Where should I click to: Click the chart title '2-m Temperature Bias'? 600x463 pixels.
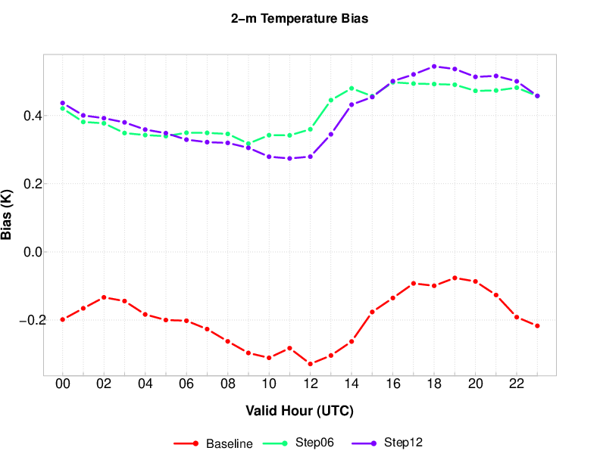tap(299, 19)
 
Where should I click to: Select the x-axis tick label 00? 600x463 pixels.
tap(62, 384)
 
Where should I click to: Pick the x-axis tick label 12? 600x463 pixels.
tap(310, 384)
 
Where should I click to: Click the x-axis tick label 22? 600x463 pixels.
tap(517, 384)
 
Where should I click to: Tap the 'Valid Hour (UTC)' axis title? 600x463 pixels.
tap(299, 411)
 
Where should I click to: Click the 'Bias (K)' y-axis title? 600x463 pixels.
tap(8, 215)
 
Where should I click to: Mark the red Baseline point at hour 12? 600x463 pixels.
tap(310, 364)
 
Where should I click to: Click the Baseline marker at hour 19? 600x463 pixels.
tap(455, 278)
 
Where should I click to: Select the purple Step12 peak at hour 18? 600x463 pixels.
tap(434, 67)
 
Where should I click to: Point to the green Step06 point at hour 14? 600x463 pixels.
tap(352, 89)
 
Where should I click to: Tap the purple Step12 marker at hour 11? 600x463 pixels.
tap(289, 158)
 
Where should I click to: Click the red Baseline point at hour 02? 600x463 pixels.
tap(104, 297)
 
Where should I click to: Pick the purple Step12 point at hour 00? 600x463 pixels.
tap(62, 103)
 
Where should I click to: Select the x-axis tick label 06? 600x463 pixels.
tap(186, 384)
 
